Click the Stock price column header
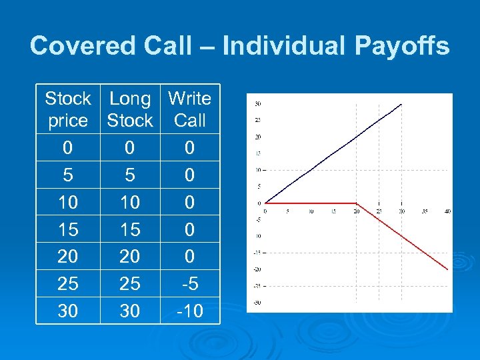67,109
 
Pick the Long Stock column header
130,109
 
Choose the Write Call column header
189,109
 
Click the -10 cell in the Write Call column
189,311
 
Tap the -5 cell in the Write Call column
189,284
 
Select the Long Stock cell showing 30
130,311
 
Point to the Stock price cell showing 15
67,229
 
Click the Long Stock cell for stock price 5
130,175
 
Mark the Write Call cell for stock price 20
189,257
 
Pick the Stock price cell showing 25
67,284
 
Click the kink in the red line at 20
357,203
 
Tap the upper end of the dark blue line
401,104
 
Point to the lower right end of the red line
447,269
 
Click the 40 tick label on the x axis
447,211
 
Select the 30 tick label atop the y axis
257,103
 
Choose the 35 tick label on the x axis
424,211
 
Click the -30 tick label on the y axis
257,302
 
